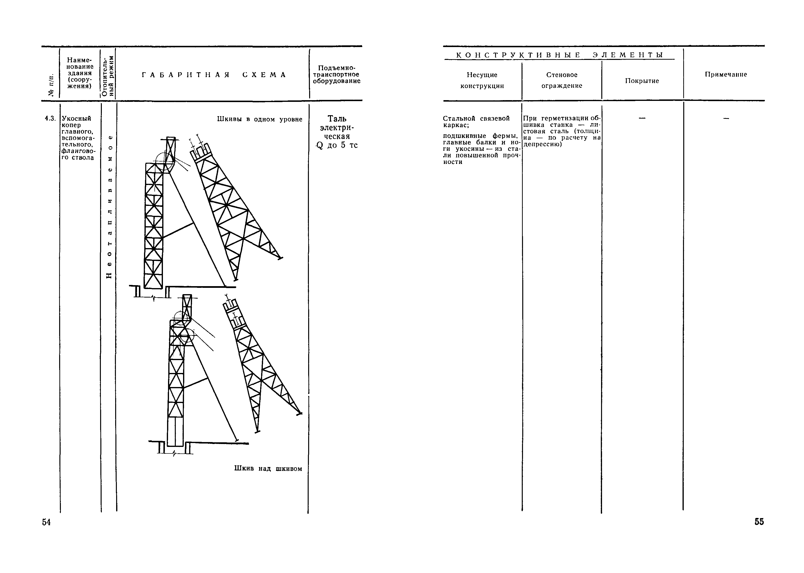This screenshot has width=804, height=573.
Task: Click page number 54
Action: [46, 522]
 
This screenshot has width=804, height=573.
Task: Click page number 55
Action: [759, 522]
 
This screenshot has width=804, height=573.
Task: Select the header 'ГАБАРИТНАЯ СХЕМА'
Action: [214, 75]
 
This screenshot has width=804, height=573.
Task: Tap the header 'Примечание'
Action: [726, 74]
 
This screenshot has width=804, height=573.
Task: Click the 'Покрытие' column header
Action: [642, 81]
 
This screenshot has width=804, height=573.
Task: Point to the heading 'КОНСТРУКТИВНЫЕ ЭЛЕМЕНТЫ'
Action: [560, 55]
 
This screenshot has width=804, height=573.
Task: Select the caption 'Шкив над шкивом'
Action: [268, 468]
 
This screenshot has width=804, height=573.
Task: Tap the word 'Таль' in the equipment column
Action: [337, 119]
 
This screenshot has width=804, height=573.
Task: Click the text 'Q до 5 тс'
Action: [337, 145]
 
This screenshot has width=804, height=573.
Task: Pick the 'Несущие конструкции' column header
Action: [482, 80]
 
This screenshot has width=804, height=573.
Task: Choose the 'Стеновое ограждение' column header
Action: [562, 80]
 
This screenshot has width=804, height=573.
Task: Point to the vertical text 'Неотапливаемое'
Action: [110, 206]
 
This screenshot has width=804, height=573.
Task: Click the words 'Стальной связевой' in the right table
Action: [476, 119]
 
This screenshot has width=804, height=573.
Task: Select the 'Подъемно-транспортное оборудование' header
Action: [337, 74]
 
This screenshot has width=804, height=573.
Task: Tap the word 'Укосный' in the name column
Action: [77, 118]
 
